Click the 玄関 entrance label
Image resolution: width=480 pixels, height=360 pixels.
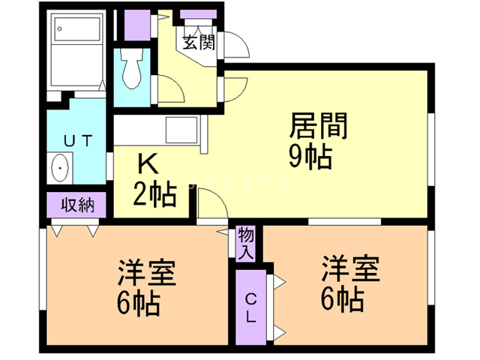pos(197,42)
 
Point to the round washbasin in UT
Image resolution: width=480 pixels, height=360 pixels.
pos(60,168)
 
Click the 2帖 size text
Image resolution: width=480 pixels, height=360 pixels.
pos(155,194)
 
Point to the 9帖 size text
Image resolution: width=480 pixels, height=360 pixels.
pos(310,157)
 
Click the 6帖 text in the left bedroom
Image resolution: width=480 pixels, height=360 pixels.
pos(136,304)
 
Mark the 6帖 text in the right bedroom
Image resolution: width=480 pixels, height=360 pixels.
pos(343,300)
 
